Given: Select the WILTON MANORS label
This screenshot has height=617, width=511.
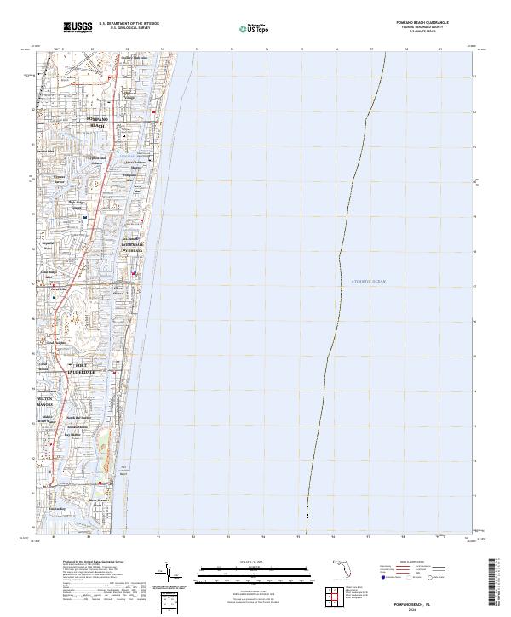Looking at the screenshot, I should [46, 401].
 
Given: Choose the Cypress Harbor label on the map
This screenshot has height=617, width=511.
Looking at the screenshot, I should [60, 181].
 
